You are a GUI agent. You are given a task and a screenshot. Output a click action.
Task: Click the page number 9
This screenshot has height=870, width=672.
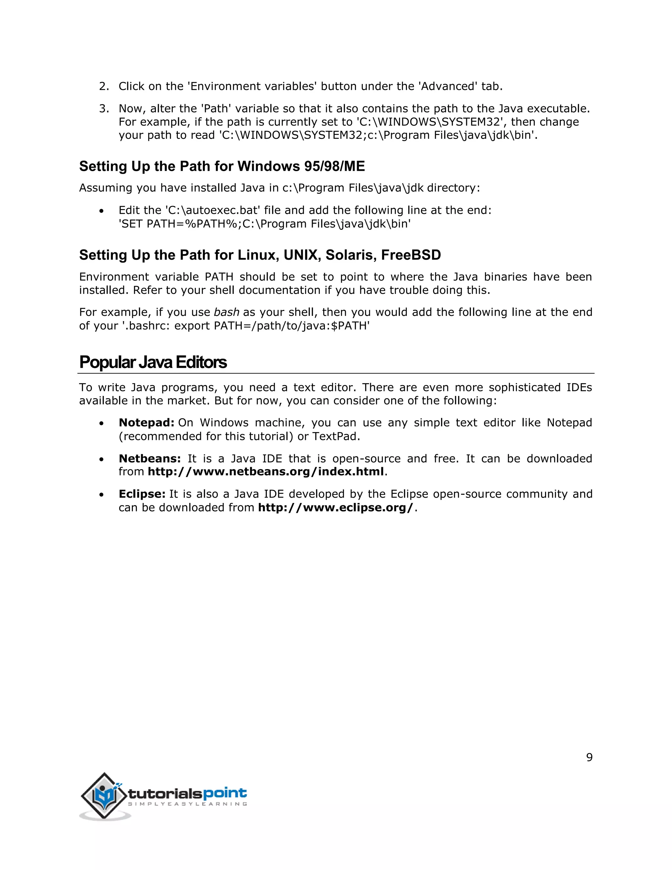tap(589, 757)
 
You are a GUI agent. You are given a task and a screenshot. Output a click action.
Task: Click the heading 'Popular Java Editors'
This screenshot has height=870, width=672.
tap(153, 362)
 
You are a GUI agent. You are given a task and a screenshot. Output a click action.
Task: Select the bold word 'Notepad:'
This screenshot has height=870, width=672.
tap(146, 423)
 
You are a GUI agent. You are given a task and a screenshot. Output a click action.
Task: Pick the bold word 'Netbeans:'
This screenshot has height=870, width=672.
tap(150, 459)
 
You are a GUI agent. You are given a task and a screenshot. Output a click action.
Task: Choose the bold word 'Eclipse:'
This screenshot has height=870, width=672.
tap(142, 494)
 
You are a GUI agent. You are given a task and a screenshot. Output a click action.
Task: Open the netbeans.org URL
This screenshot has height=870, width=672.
tap(266, 472)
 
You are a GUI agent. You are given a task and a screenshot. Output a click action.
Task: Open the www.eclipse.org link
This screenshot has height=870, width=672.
tap(336, 508)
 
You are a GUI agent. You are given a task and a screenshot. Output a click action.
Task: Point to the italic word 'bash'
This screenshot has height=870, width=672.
tap(226, 312)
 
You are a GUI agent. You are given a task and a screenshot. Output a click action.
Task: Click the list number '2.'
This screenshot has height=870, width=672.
tap(104, 86)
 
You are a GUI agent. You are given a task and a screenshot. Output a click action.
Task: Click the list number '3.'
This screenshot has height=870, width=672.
tap(104, 108)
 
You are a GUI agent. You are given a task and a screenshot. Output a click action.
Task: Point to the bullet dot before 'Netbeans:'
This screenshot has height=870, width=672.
tap(102, 460)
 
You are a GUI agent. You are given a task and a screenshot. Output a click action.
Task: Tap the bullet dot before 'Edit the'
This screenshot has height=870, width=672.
tap(102, 211)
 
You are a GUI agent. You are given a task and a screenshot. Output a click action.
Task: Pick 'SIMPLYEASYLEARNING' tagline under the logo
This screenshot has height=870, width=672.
tap(187, 804)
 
